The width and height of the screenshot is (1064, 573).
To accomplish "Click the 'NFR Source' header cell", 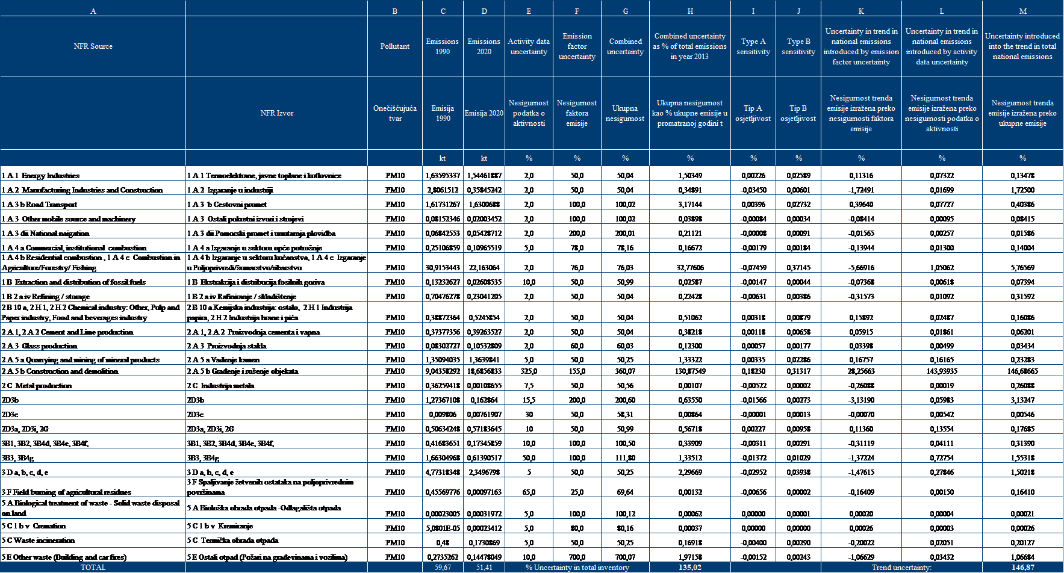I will pyautogui.click(x=93, y=46).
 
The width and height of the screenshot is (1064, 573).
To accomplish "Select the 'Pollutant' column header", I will pyautogui.click(x=394, y=46).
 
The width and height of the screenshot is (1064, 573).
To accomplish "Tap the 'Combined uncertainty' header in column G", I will pyautogui.click(x=625, y=46).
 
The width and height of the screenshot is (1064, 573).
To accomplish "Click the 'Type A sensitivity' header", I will pyautogui.click(x=753, y=46).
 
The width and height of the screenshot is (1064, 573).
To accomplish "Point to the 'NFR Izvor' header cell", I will pyautogui.click(x=276, y=113).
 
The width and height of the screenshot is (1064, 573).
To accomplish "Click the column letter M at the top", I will pyautogui.click(x=1022, y=11).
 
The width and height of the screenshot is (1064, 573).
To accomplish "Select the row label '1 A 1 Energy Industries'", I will pyautogui.click(x=41, y=176).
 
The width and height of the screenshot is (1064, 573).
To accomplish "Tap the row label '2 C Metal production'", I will pyautogui.click(x=37, y=386).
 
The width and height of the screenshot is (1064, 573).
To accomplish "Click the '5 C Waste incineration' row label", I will pyautogui.click(x=38, y=540).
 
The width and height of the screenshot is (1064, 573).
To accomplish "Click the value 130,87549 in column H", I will pyautogui.click(x=690, y=371).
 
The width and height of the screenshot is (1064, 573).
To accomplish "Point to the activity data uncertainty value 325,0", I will pyautogui.click(x=529, y=371).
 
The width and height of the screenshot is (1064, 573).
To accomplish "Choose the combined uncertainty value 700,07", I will pyautogui.click(x=625, y=557).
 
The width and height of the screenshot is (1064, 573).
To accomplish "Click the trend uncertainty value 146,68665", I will pyautogui.click(x=1022, y=371).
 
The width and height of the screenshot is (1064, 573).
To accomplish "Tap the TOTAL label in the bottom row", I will pyautogui.click(x=93, y=568).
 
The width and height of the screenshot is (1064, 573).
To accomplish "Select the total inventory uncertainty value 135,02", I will pyautogui.click(x=690, y=568).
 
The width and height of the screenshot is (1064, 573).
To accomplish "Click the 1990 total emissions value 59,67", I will pyautogui.click(x=443, y=568).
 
